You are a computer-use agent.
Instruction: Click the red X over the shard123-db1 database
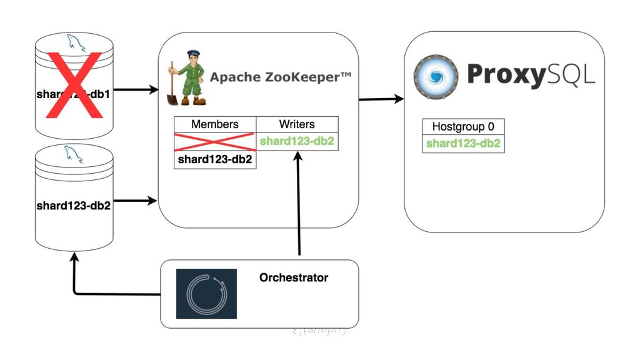click(74, 85)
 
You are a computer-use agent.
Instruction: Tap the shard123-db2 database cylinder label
click(74, 205)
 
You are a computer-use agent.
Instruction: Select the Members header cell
click(215, 124)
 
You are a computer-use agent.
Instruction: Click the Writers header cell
click(297, 124)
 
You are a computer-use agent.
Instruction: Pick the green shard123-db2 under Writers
click(297, 141)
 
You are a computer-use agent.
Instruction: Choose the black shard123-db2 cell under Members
click(215, 159)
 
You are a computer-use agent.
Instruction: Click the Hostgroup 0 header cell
click(463, 126)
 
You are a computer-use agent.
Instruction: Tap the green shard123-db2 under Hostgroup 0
click(463, 144)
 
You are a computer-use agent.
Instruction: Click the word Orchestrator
click(294, 277)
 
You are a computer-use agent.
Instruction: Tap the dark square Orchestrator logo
click(206, 294)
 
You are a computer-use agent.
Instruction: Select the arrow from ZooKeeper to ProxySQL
click(381, 99)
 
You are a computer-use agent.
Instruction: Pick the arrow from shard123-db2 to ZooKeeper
click(135, 201)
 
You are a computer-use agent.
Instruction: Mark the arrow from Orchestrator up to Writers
click(299, 206)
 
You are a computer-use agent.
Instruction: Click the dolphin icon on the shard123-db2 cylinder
click(74, 154)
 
